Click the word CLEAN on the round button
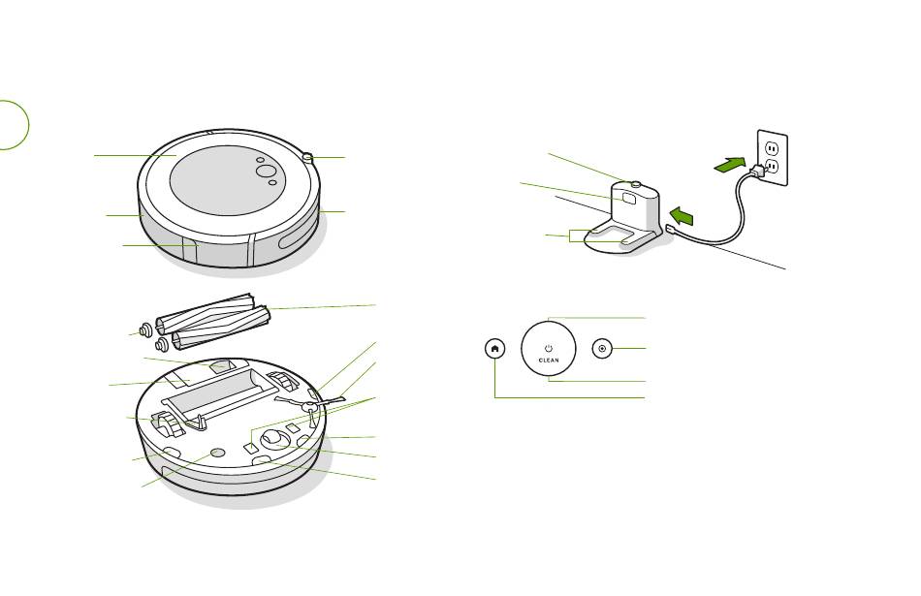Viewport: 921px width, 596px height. pyautogui.click(x=549, y=361)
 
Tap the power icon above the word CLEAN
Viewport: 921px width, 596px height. pyautogui.click(x=549, y=349)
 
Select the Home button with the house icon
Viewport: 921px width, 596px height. pyautogui.click(x=494, y=349)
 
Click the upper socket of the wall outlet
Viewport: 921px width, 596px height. pyautogui.click(x=773, y=147)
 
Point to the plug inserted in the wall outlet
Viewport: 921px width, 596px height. pyautogui.click(x=758, y=171)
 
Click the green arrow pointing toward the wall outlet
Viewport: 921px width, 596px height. pyautogui.click(x=730, y=165)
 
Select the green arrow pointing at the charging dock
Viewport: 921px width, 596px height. pyautogui.click(x=682, y=215)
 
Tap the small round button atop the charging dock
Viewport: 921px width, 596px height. pyautogui.click(x=634, y=185)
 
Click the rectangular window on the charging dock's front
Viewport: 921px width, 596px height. pyautogui.click(x=629, y=198)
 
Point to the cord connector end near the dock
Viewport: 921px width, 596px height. pyautogui.click(x=670, y=230)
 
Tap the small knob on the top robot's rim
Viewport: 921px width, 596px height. pyautogui.click(x=307, y=157)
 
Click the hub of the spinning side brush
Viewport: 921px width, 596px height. pyautogui.click(x=307, y=406)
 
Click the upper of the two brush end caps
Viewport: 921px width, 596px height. pyautogui.click(x=144, y=331)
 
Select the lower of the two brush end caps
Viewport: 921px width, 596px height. pyautogui.click(x=162, y=343)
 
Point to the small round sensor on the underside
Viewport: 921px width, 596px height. pyautogui.click(x=217, y=453)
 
